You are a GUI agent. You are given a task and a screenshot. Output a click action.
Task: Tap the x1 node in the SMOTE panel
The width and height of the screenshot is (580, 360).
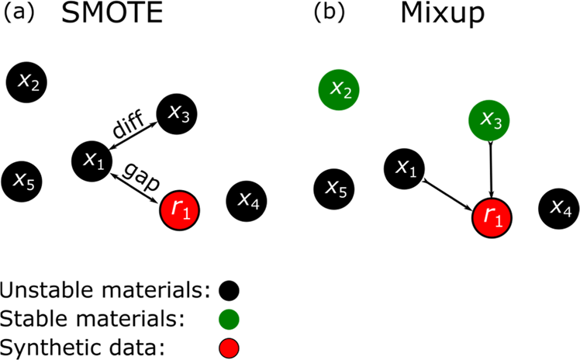[92, 161]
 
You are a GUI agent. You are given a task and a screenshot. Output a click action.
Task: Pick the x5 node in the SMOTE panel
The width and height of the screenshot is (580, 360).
[23, 181]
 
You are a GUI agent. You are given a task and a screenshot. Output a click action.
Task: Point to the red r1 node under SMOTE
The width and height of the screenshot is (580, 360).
[181, 208]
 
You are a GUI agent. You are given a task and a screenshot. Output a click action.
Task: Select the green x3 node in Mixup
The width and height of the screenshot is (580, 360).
[490, 120]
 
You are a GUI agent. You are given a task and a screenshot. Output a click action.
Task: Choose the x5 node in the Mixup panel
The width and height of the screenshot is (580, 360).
[335, 188]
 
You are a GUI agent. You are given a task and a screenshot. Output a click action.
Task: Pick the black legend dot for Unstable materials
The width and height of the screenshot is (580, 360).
[228, 291]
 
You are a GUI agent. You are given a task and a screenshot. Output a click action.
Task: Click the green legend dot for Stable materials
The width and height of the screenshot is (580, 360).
[228, 318]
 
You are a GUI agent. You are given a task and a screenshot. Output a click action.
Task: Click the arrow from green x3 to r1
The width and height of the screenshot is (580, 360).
[491, 171]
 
